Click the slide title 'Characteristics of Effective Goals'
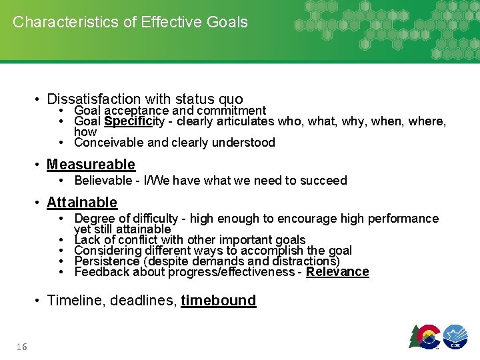tap(130, 22)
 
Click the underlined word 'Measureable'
tap(91, 164)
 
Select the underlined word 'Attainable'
tap(81, 202)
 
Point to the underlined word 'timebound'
tap(218, 300)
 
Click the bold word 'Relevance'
tap(337, 271)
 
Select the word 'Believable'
tap(103, 180)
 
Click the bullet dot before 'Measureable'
tap(39, 165)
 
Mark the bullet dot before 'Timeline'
tap(39, 301)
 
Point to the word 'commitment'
tap(234, 111)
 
